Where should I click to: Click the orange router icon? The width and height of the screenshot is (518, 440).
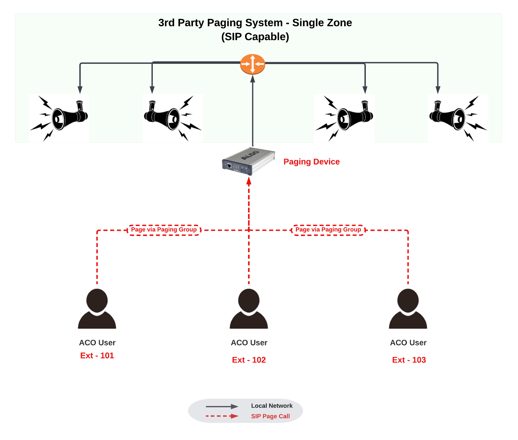click(x=253, y=64)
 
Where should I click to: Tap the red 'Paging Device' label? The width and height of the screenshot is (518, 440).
click(x=311, y=162)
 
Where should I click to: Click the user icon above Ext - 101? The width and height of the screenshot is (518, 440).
click(x=97, y=309)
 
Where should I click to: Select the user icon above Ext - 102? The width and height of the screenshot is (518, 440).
click(x=249, y=309)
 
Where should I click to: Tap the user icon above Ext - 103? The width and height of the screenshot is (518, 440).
click(x=408, y=309)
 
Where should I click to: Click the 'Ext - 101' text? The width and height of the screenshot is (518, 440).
click(x=97, y=355)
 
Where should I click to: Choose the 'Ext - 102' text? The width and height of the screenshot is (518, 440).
click(x=249, y=360)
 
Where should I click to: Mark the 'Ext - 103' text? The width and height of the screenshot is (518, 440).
click(x=409, y=360)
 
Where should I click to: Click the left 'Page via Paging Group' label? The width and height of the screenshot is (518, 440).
click(x=164, y=230)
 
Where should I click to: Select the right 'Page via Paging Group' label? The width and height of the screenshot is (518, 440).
click(x=328, y=230)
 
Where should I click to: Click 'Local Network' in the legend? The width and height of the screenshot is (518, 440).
click(x=272, y=406)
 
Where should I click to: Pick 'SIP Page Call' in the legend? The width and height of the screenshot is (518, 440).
click(x=270, y=416)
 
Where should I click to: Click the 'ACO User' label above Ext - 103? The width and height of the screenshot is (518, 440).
click(x=408, y=343)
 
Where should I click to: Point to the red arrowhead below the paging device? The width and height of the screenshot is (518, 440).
click(x=249, y=181)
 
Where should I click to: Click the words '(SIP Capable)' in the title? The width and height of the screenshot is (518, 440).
click(x=255, y=37)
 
